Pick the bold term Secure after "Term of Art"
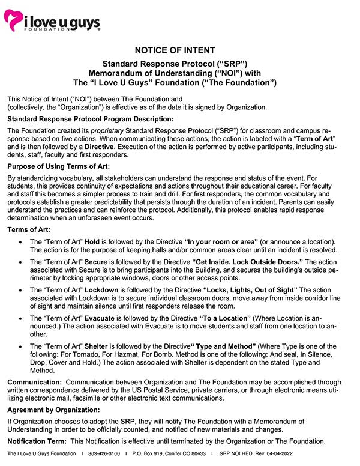tap(95, 262)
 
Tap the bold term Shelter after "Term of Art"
tap(97, 346)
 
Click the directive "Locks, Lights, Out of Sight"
tap(250, 290)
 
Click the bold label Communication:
tap(34, 382)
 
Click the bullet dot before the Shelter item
tap(22, 347)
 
